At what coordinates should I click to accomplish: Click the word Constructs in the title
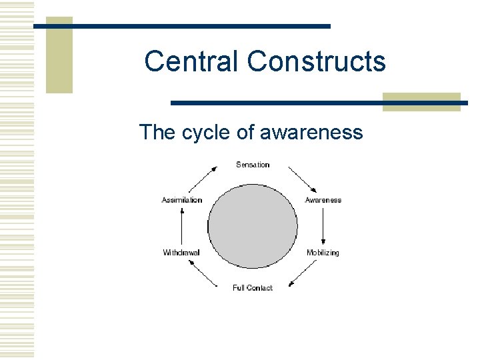316,61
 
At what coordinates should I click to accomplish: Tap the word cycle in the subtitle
206,132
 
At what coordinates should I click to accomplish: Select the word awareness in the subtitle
311,132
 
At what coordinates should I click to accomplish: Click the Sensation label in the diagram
253,165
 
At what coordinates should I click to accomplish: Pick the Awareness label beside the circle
323,200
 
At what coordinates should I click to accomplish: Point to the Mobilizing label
323,253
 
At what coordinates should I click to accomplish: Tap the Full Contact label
253,288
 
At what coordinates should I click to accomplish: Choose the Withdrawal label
181,253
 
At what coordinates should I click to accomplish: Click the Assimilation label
182,200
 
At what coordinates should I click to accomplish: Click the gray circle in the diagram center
253,227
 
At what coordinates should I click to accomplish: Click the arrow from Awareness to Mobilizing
323,226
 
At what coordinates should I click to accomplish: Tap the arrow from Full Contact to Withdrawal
203,273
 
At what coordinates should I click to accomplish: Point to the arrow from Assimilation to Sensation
204,180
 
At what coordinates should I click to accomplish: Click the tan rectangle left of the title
59,55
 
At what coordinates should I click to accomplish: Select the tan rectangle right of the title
421,101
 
